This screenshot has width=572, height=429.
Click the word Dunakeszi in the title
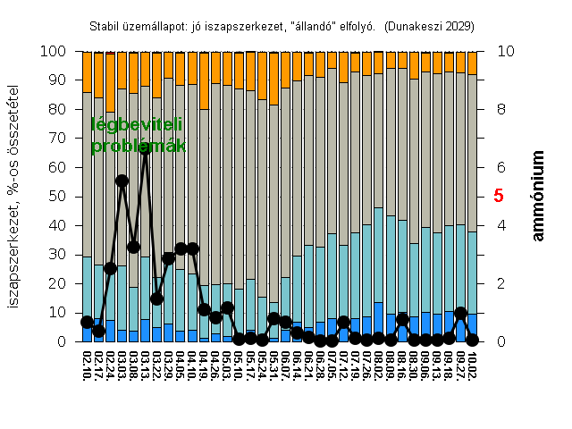(x=416, y=27)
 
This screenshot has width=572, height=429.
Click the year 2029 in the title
(x=457, y=27)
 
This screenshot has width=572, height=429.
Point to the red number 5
(x=499, y=196)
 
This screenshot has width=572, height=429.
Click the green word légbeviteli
(x=137, y=126)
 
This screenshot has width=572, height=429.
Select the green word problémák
(x=138, y=146)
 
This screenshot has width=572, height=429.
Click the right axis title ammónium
(x=540, y=196)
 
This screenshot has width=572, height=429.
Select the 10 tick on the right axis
(x=504, y=52)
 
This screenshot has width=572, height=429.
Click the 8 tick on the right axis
(x=500, y=110)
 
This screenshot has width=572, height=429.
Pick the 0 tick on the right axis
(x=500, y=342)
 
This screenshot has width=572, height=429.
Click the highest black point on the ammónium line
(x=145, y=149)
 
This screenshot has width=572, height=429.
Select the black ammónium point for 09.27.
(x=460, y=314)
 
